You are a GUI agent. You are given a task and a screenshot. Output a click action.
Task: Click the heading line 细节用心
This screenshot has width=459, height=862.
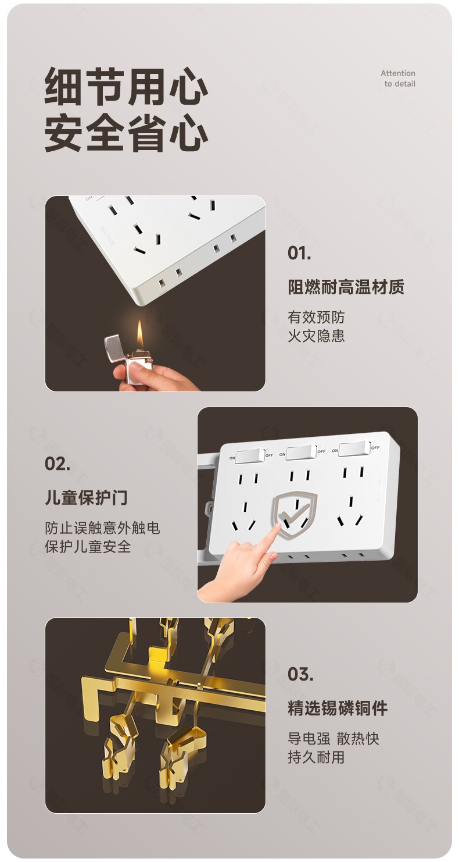pos(126,87)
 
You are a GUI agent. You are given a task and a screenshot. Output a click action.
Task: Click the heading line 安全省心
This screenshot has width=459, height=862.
pos(126,133)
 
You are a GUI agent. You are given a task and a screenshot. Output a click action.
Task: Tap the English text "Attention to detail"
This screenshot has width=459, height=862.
pos(398,79)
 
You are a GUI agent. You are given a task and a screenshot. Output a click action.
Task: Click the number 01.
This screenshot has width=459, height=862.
pos(299,253)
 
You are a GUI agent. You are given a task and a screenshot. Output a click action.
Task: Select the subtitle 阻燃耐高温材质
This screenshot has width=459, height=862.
pos(346,287)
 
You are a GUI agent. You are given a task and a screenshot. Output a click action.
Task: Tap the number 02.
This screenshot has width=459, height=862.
pos(58,464)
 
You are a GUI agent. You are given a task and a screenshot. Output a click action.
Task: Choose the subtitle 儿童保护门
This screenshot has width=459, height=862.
pos(86,497)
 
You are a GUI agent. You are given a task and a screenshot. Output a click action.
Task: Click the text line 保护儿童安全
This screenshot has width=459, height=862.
pos(88,546)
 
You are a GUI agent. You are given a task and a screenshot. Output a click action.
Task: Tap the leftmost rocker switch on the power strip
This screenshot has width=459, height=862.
pos(250,456)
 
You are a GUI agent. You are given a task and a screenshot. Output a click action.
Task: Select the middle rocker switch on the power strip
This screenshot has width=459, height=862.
pos(301,453)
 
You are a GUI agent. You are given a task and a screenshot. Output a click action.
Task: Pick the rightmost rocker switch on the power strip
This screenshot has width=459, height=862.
pos(354,449)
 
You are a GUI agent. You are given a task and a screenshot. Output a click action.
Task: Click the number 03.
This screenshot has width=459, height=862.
pos(300,674)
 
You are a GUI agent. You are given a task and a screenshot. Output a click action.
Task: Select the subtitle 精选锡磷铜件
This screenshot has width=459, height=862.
pos(338,708)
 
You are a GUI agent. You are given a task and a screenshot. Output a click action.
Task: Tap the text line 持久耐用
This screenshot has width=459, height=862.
pos(316,757)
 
